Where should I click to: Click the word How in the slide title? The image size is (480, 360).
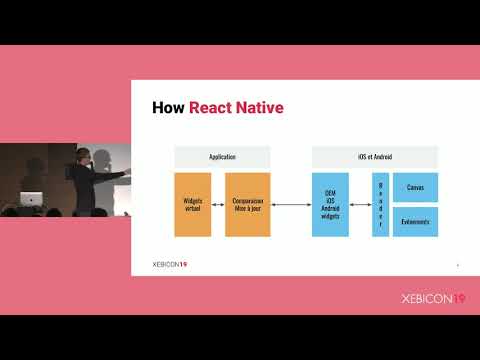click(168, 107)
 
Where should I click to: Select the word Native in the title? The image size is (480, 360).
click(259, 107)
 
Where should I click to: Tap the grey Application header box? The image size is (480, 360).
click(222, 157)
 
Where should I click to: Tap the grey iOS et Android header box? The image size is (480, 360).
click(374, 157)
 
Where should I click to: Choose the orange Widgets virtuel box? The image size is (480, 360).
click(193, 204)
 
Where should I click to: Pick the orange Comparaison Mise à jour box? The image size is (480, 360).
click(247, 204)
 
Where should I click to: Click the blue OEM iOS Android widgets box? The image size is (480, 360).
click(330, 204)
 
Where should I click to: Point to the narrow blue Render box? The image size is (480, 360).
click(380, 204)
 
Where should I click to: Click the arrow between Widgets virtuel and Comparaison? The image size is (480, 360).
click(218, 204)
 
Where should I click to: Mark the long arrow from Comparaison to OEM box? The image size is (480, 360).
click(290, 204)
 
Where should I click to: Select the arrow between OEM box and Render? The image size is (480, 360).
click(360, 204)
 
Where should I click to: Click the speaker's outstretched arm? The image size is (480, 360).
click(113, 172)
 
